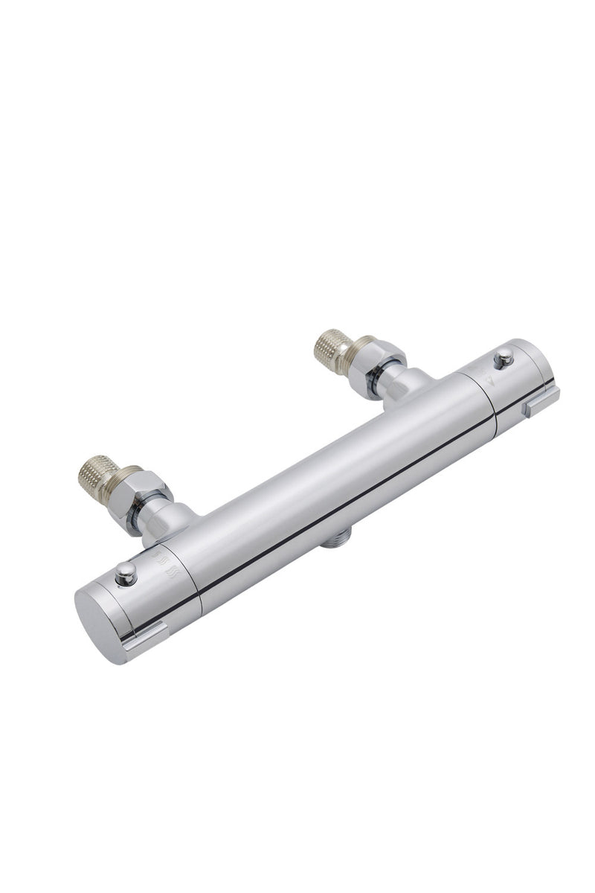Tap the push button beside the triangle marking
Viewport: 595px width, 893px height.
click(504, 356)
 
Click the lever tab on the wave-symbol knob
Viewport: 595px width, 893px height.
click(147, 637)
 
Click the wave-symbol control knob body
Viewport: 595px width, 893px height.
click(141, 595)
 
